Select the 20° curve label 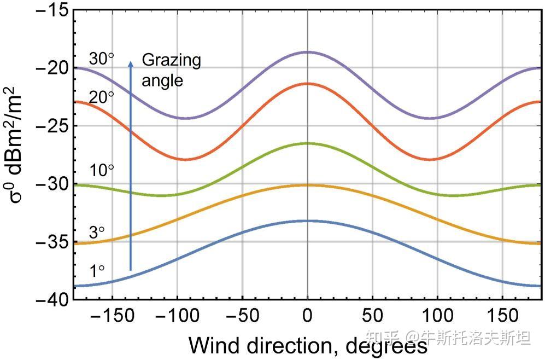[101, 97]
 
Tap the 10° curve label [101, 171]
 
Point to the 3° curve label [97, 233]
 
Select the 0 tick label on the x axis [308, 316]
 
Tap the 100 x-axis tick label [437, 316]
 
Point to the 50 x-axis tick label [372, 316]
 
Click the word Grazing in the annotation [171, 60]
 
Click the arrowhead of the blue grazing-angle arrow [131, 65]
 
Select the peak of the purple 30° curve [307, 52]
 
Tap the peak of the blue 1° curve [307, 221]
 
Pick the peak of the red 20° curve [307, 84]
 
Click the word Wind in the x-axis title [213, 345]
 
